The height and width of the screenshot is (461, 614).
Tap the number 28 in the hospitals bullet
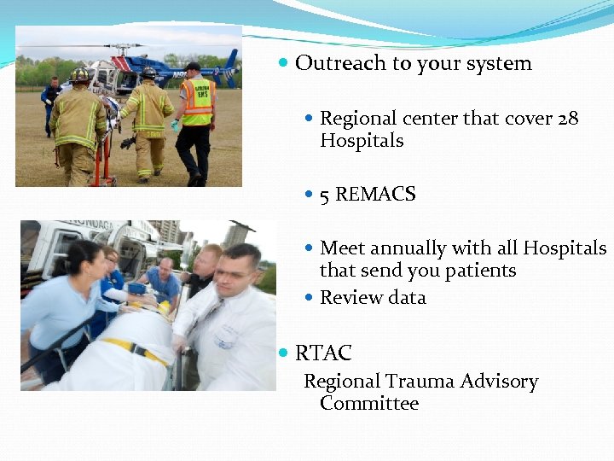tap(568, 118)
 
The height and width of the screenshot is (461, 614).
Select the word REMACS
tap(375, 195)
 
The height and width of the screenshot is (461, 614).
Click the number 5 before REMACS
tap(325, 195)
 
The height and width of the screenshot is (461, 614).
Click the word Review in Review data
tap(347, 298)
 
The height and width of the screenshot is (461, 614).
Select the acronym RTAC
tap(323, 353)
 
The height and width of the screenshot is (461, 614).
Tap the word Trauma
tap(418, 382)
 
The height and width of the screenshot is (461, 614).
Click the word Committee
tap(369, 403)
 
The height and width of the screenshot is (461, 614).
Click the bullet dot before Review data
tap(310, 298)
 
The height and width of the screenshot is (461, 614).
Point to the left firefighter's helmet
tap(80, 75)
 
